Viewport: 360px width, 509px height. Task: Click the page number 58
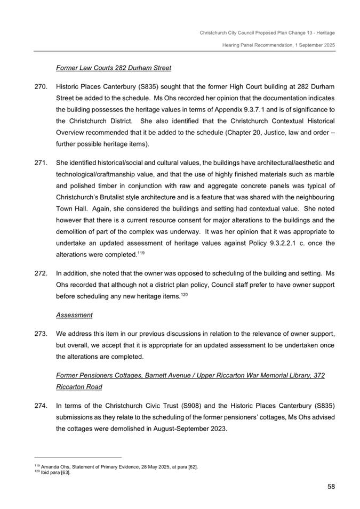330,486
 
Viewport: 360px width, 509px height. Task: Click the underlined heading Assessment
74,315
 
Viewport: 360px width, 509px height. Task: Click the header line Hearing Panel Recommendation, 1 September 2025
278,45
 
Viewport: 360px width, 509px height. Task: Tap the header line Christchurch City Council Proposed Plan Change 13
267,33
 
